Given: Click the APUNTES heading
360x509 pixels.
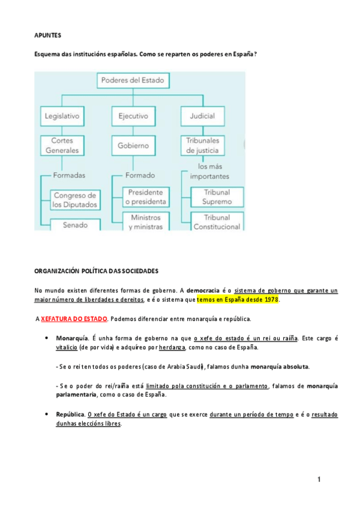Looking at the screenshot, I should pos(47,35).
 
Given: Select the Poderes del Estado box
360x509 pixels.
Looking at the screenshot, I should pos(132,80).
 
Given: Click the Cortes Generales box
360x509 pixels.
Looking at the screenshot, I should pos(61,145).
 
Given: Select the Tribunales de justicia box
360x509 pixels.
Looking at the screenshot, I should pos(202,145).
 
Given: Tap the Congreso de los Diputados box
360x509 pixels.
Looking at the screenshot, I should pos(74,200).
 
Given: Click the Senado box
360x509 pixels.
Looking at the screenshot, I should pos(74,225).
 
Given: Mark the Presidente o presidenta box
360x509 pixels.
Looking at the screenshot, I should pos(145,197).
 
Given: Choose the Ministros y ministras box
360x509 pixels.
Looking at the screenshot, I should pos(145,221).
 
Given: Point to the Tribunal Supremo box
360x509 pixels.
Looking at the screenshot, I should pos(217,197).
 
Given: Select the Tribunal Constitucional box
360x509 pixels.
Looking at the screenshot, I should pos(217,221).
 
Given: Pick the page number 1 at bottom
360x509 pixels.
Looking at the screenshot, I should pos(320,479).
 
